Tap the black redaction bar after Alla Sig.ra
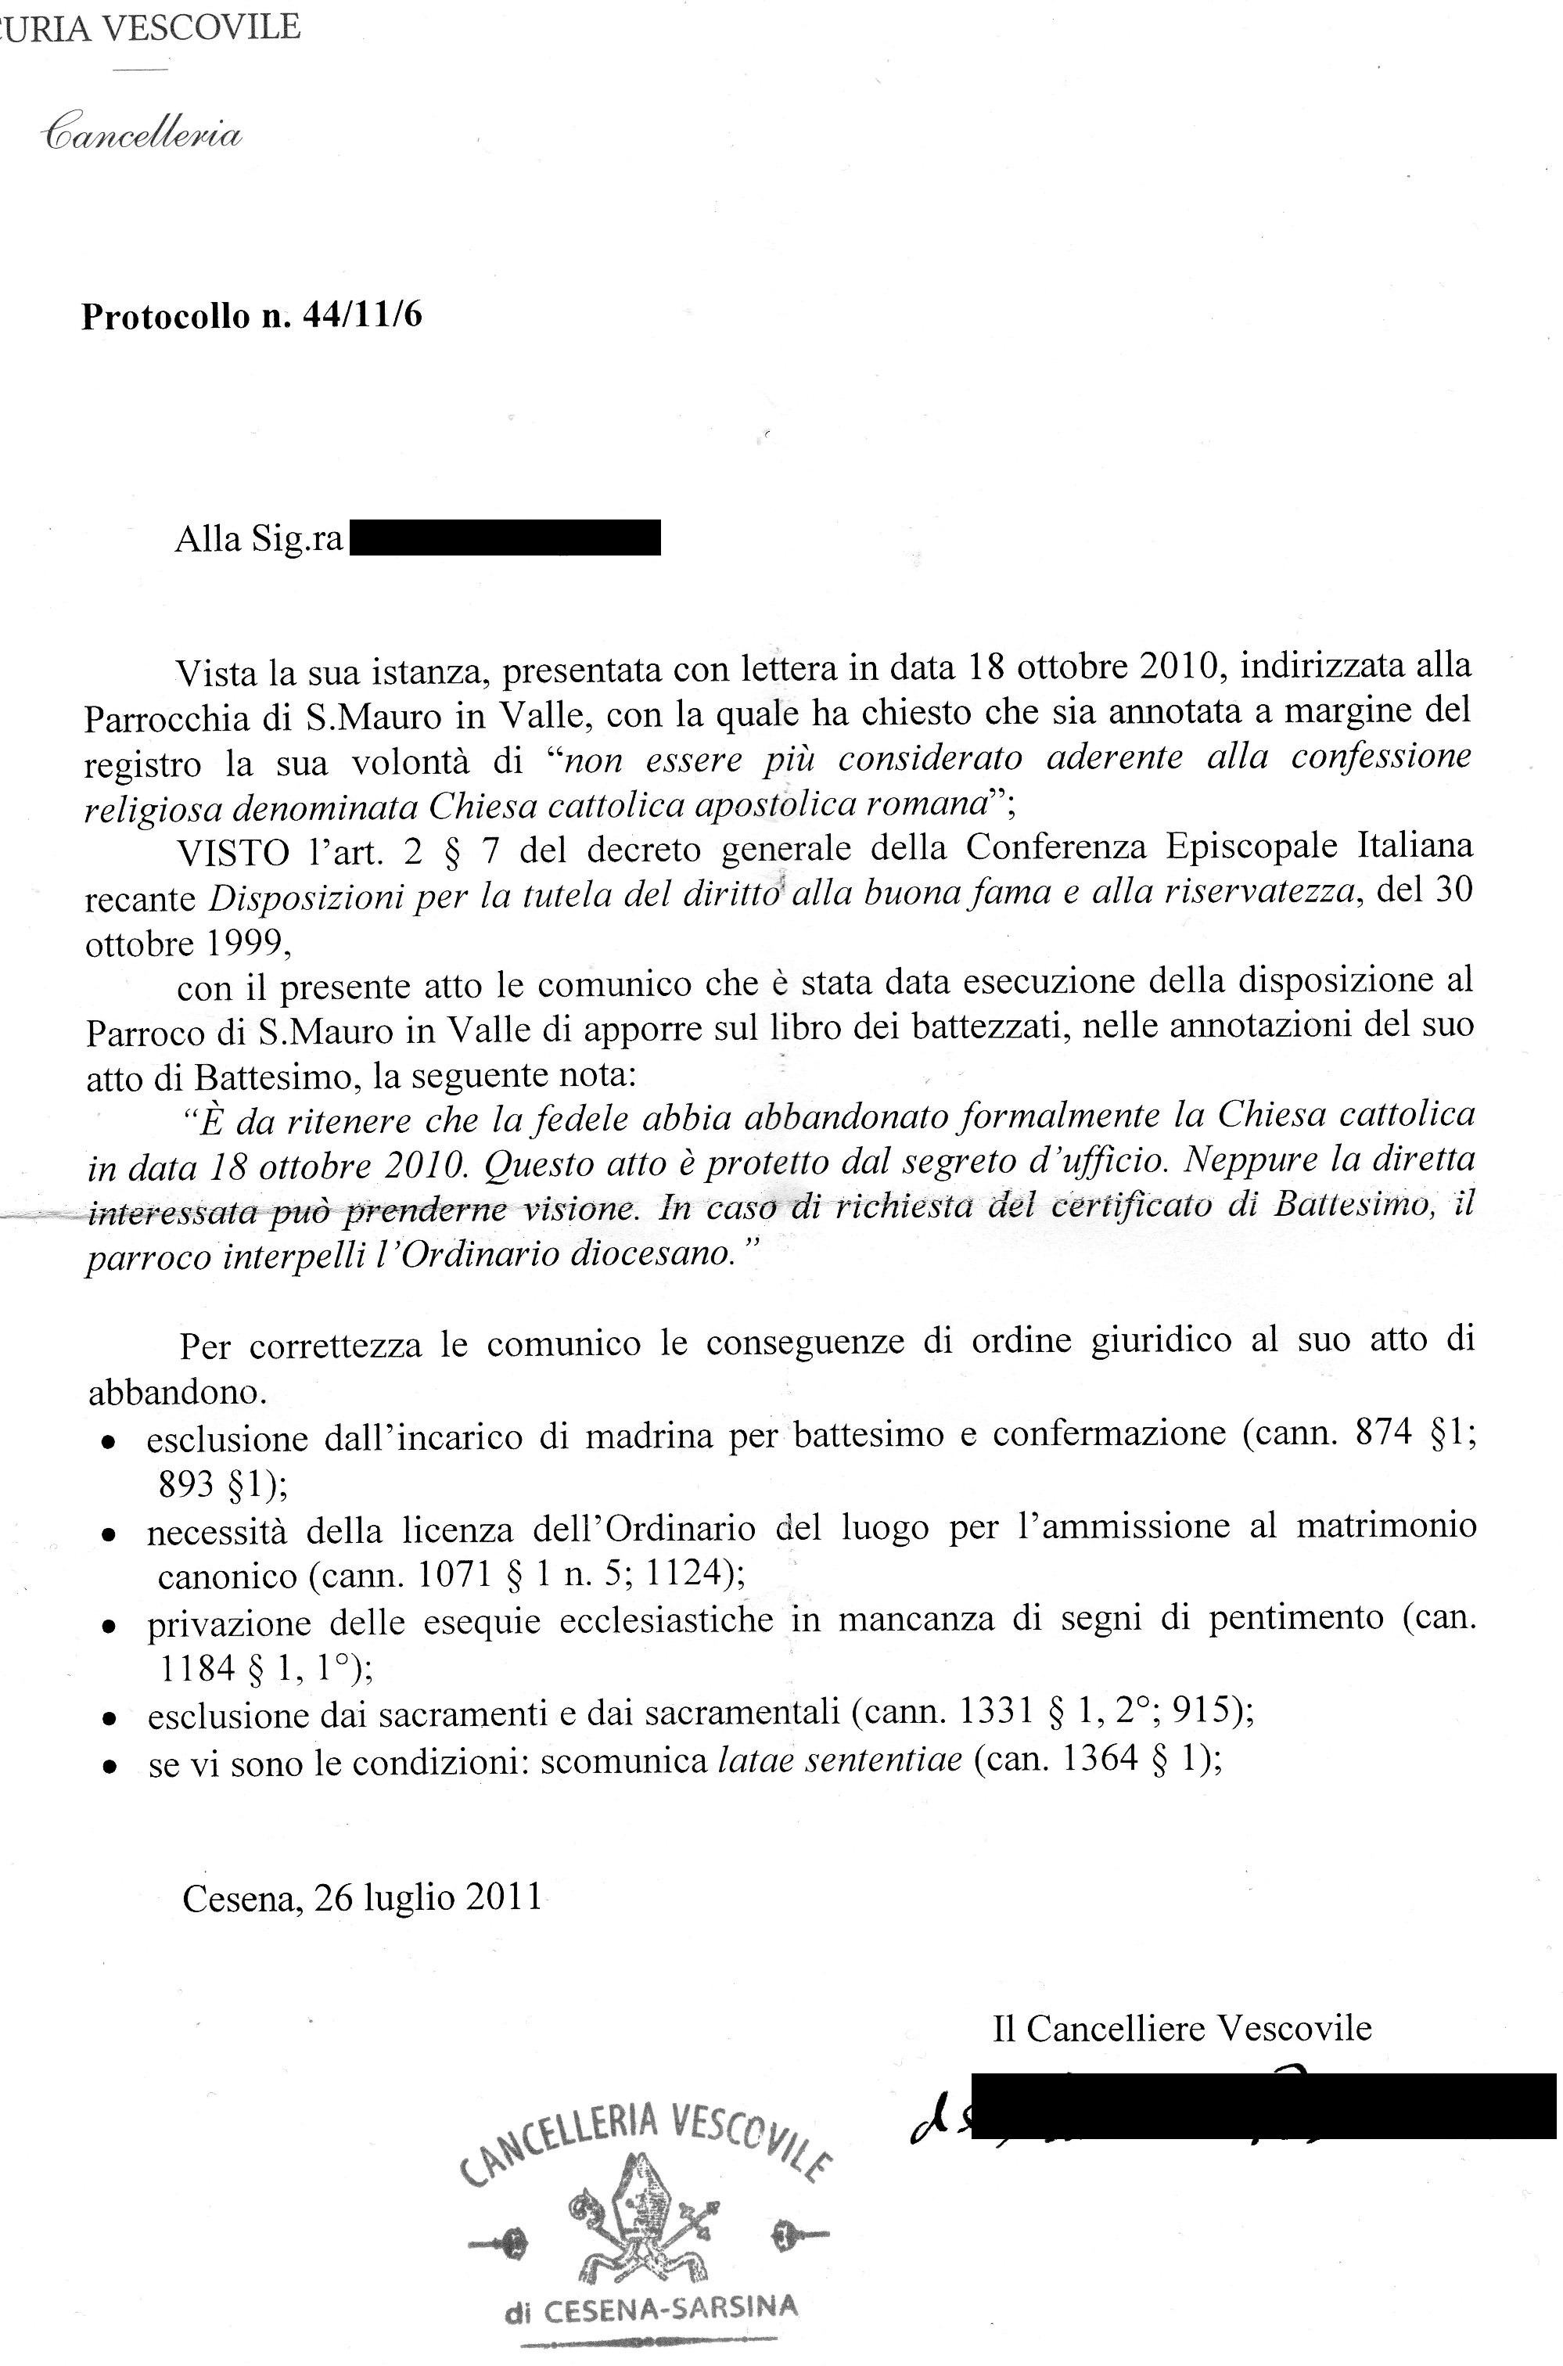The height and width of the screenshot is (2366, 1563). (x=505, y=538)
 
